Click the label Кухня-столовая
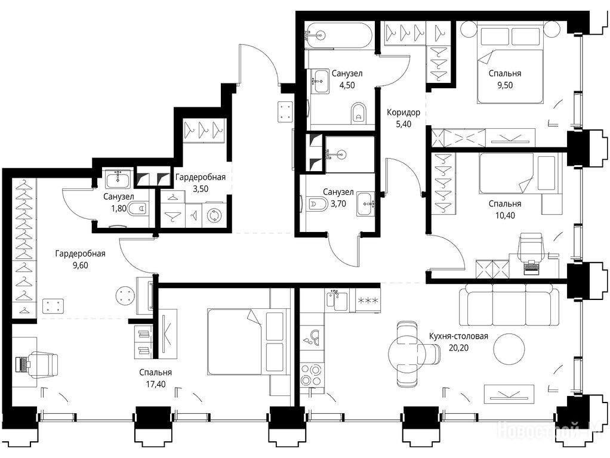coord(458,336)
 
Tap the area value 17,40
coord(155,385)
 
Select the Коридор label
coord(403,113)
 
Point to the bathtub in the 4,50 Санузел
coord(339,35)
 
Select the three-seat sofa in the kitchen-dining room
coord(506,304)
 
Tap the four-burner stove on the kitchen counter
coord(312,375)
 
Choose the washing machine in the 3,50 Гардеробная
coord(214,215)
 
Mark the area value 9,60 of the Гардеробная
coord(80,266)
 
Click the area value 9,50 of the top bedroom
coord(505,85)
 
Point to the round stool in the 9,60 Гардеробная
coord(125,296)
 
